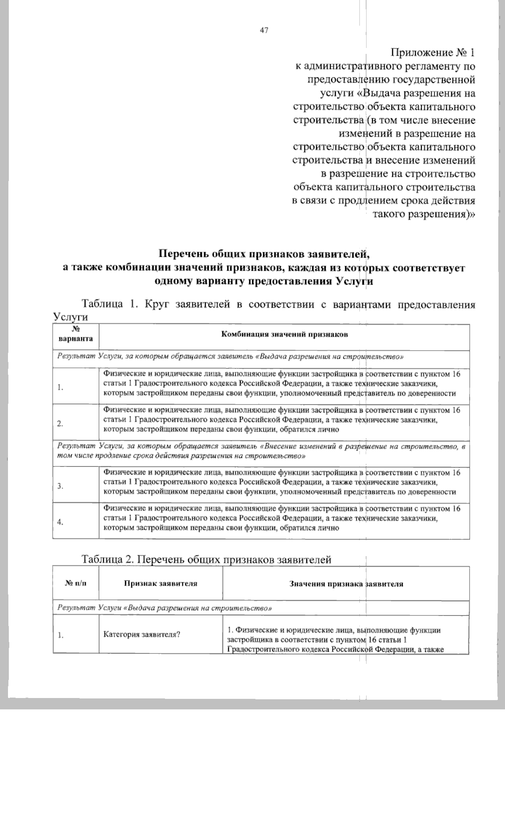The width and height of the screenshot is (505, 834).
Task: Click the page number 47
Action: point(264,30)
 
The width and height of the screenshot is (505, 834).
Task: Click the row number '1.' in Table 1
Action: point(61,388)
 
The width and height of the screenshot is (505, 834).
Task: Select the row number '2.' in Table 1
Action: point(61,424)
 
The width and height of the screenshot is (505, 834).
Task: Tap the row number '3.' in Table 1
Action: point(61,486)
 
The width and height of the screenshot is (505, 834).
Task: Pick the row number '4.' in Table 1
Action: point(61,522)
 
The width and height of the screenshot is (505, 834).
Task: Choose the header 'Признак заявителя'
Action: point(161,584)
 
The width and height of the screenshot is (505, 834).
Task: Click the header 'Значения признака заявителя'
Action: point(346,584)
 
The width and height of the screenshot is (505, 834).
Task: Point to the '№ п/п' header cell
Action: point(76,584)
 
